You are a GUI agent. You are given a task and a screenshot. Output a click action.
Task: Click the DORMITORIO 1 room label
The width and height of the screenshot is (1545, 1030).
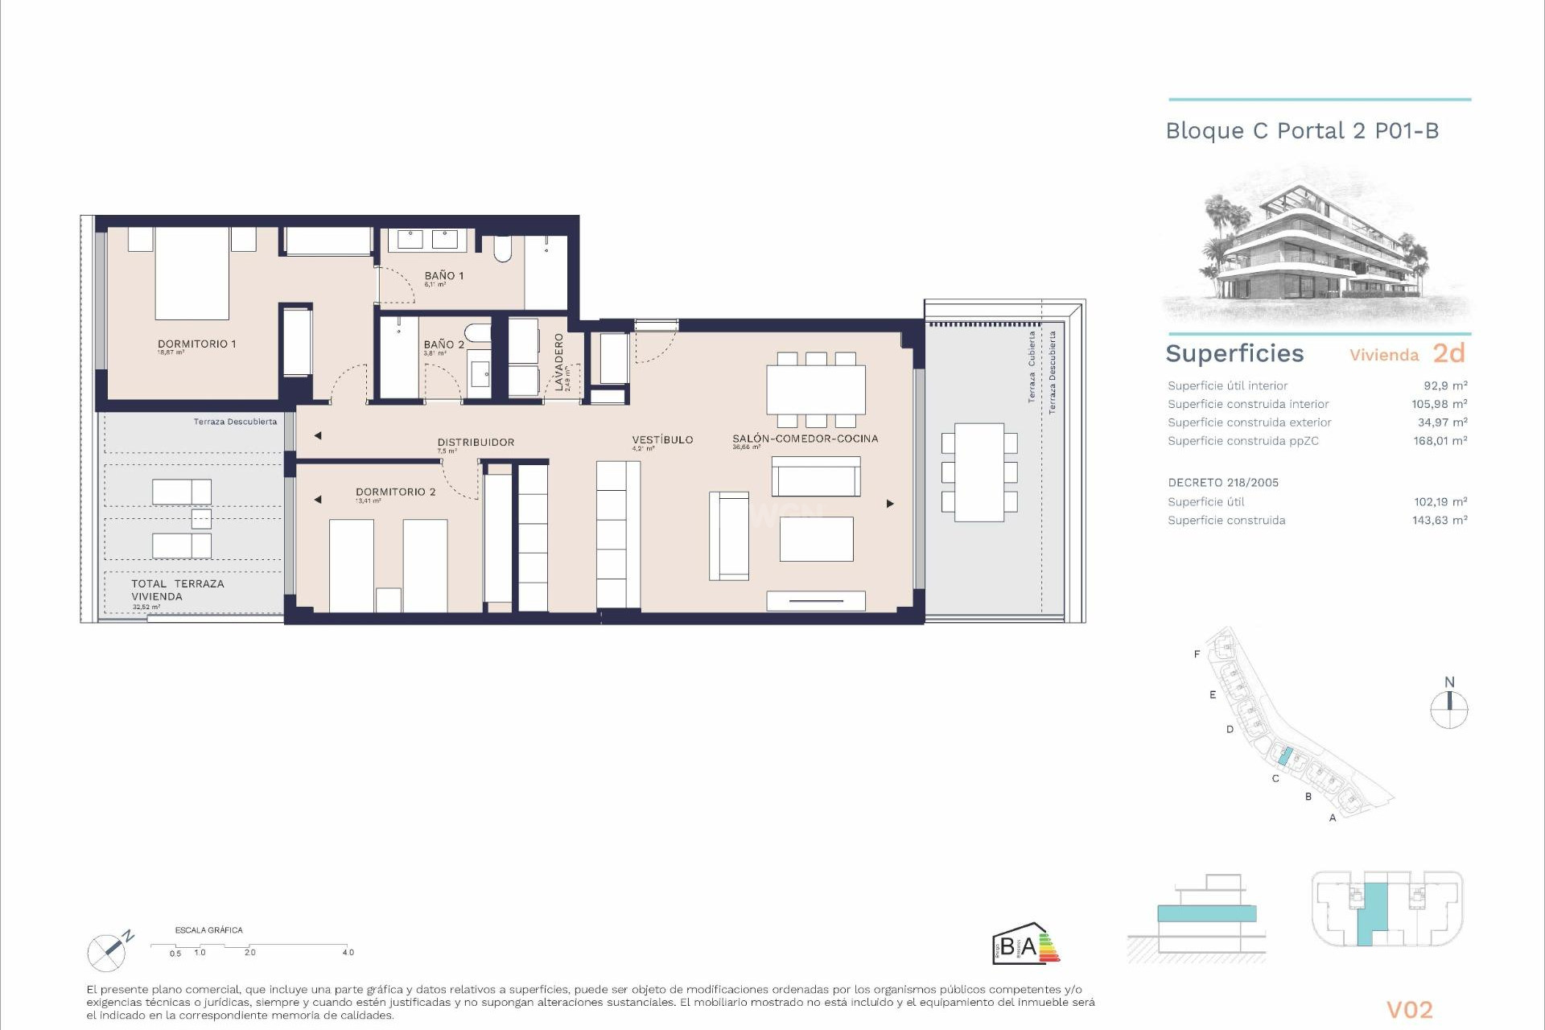pos(196,344)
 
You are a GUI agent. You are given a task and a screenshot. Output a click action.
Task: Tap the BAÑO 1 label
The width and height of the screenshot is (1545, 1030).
pos(443,275)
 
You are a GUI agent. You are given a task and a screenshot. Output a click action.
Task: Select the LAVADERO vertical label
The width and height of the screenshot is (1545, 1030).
pos(559,361)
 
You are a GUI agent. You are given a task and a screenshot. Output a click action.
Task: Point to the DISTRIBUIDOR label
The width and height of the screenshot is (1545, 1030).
pos(476,442)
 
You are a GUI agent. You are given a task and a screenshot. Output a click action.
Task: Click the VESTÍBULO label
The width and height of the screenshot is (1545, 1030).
pos(662,439)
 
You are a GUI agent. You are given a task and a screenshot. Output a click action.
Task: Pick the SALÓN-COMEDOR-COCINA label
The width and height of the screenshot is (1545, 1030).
pos(805,439)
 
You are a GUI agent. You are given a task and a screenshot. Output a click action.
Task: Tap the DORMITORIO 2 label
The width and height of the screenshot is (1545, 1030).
pos(395,492)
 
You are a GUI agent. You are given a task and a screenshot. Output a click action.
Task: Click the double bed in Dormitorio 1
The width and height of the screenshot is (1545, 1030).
pos(192,274)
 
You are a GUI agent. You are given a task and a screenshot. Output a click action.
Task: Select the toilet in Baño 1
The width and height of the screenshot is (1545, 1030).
pos(502,249)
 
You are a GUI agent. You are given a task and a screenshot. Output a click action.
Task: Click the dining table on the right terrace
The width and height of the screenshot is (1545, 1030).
pos(979,472)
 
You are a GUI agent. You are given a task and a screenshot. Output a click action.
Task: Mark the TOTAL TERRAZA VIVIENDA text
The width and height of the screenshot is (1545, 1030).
pos(177,590)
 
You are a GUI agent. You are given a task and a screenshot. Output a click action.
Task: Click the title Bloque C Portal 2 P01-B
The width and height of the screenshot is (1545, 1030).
pos(1301,131)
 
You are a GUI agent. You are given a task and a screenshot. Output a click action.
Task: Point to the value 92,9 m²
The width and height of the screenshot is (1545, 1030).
pos(1445,385)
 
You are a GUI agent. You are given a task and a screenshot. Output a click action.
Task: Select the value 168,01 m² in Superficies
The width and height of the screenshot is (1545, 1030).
pos(1440,441)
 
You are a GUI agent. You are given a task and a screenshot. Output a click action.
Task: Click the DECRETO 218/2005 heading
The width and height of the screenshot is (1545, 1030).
pos(1222,483)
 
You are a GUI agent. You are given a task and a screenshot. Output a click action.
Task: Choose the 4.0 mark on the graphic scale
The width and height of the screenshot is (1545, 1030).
pos(348,952)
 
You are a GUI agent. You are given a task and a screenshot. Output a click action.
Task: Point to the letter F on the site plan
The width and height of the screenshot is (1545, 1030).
pos(1197,654)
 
